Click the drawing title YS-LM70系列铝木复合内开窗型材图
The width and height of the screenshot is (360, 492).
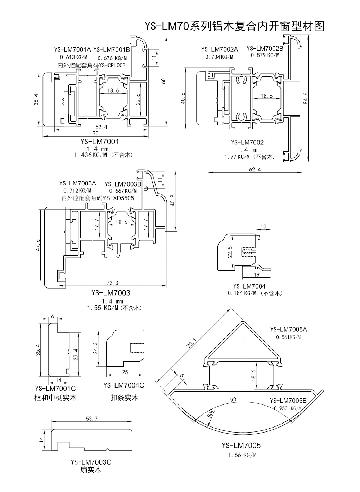(x=234, y=26)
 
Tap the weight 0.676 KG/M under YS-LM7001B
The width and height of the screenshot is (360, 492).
(x=112, y=58)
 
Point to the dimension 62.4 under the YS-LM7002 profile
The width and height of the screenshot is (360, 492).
(x=255, y=169)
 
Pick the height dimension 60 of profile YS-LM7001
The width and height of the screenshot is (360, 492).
(x=163, y=81)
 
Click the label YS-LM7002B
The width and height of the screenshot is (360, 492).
(x=265, y=48)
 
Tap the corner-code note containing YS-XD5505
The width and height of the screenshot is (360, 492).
(x=98, y=198)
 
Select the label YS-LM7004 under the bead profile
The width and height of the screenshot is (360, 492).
(x=249, y=286)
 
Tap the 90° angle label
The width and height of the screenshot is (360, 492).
(x=234, y=399)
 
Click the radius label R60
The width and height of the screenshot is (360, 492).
(x=211, y=412)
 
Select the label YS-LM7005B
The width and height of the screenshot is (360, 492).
(x=288, y=401)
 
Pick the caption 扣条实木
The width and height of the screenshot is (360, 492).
(x=124, y=398)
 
